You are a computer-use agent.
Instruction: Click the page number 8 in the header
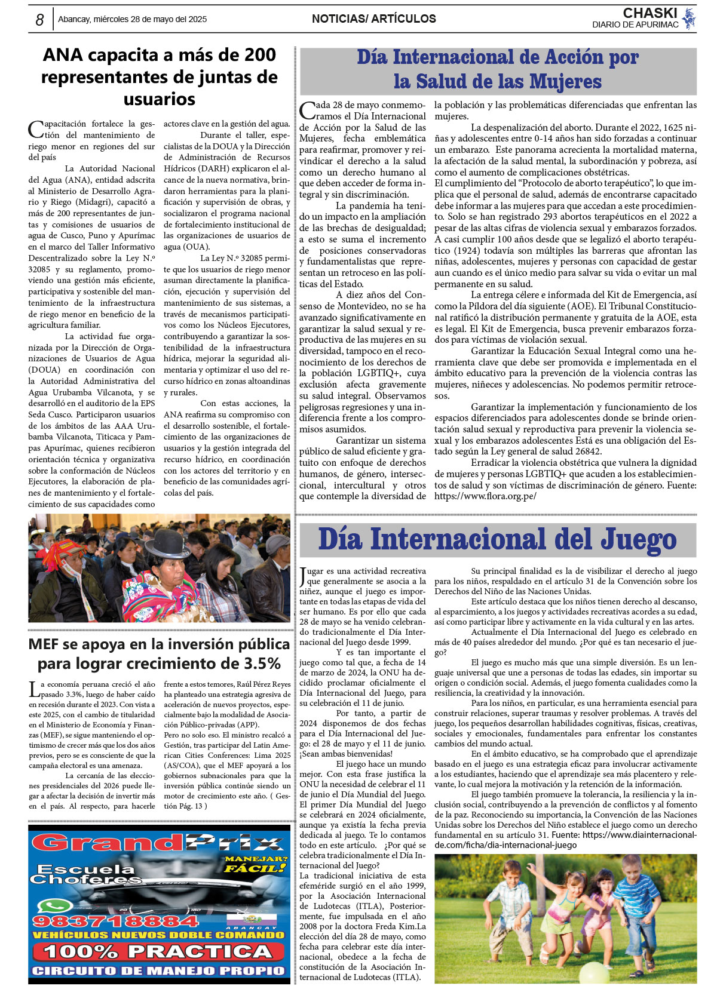(x=39, y=20)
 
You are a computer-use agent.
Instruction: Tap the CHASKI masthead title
(x=649, y=13)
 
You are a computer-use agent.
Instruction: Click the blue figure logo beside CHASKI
(x=689, y=18)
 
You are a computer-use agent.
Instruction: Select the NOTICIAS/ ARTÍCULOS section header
(x=373, y=19)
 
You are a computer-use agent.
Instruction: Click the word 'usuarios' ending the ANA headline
(x=160, y=99)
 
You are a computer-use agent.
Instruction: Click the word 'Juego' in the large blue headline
(x=638, y=539)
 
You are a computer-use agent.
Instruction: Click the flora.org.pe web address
(x=485, y=496)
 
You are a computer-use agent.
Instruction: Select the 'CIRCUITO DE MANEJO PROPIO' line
(x=158, y=971)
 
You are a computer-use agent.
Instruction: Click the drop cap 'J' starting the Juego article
(x=303, y=577)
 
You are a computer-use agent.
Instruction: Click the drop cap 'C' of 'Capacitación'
(x=35, y=129)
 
